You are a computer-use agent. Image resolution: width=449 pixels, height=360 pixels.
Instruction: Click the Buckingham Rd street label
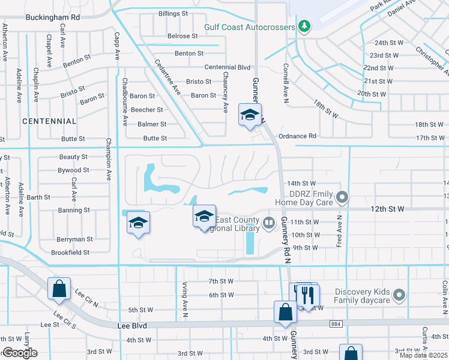[x=52, y=17]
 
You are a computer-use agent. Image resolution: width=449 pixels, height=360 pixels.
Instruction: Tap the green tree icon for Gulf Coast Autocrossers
[x=305, y=26]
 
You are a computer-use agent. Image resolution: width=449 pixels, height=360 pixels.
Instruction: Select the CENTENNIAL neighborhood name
[x=49, y=121]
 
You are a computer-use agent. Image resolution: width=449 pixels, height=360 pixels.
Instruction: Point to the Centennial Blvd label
[x=227, y=68]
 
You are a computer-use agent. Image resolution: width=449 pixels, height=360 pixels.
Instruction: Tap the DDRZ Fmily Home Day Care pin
[x=342, y=196]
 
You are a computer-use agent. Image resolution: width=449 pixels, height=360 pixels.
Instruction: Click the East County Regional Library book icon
[x=269, y=224]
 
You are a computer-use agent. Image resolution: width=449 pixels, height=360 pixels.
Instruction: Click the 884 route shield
[x=336, y=324]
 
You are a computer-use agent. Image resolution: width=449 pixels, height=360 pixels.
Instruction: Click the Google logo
[x=20, y=353]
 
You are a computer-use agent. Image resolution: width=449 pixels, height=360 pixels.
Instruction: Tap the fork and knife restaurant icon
[x=309, y=295]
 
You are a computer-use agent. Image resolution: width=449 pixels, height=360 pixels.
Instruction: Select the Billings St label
[x=173, y=13]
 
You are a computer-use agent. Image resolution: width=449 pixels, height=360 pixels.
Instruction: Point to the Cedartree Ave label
[x=167, y=77]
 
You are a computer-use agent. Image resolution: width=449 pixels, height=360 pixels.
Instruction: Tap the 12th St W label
[x=388, y=208]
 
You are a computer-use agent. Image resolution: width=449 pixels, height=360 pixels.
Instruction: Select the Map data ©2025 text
[x=424, y=355]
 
